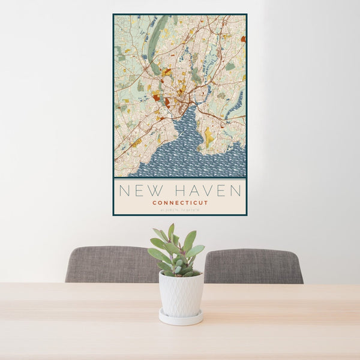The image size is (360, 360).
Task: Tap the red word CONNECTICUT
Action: click(180, 203)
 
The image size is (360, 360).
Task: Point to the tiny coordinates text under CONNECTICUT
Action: click(180, 210)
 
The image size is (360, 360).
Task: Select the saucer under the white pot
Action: click(181, 317)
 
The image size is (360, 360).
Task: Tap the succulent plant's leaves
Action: click(178, 252)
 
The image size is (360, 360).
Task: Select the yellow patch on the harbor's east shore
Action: click(208, 136)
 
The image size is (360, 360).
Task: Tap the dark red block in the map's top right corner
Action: click(243, 39)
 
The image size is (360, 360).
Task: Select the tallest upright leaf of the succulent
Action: click(171, 232)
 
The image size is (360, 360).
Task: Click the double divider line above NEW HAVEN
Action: click(180, 179)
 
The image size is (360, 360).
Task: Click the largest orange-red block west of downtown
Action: click(157, 97)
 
